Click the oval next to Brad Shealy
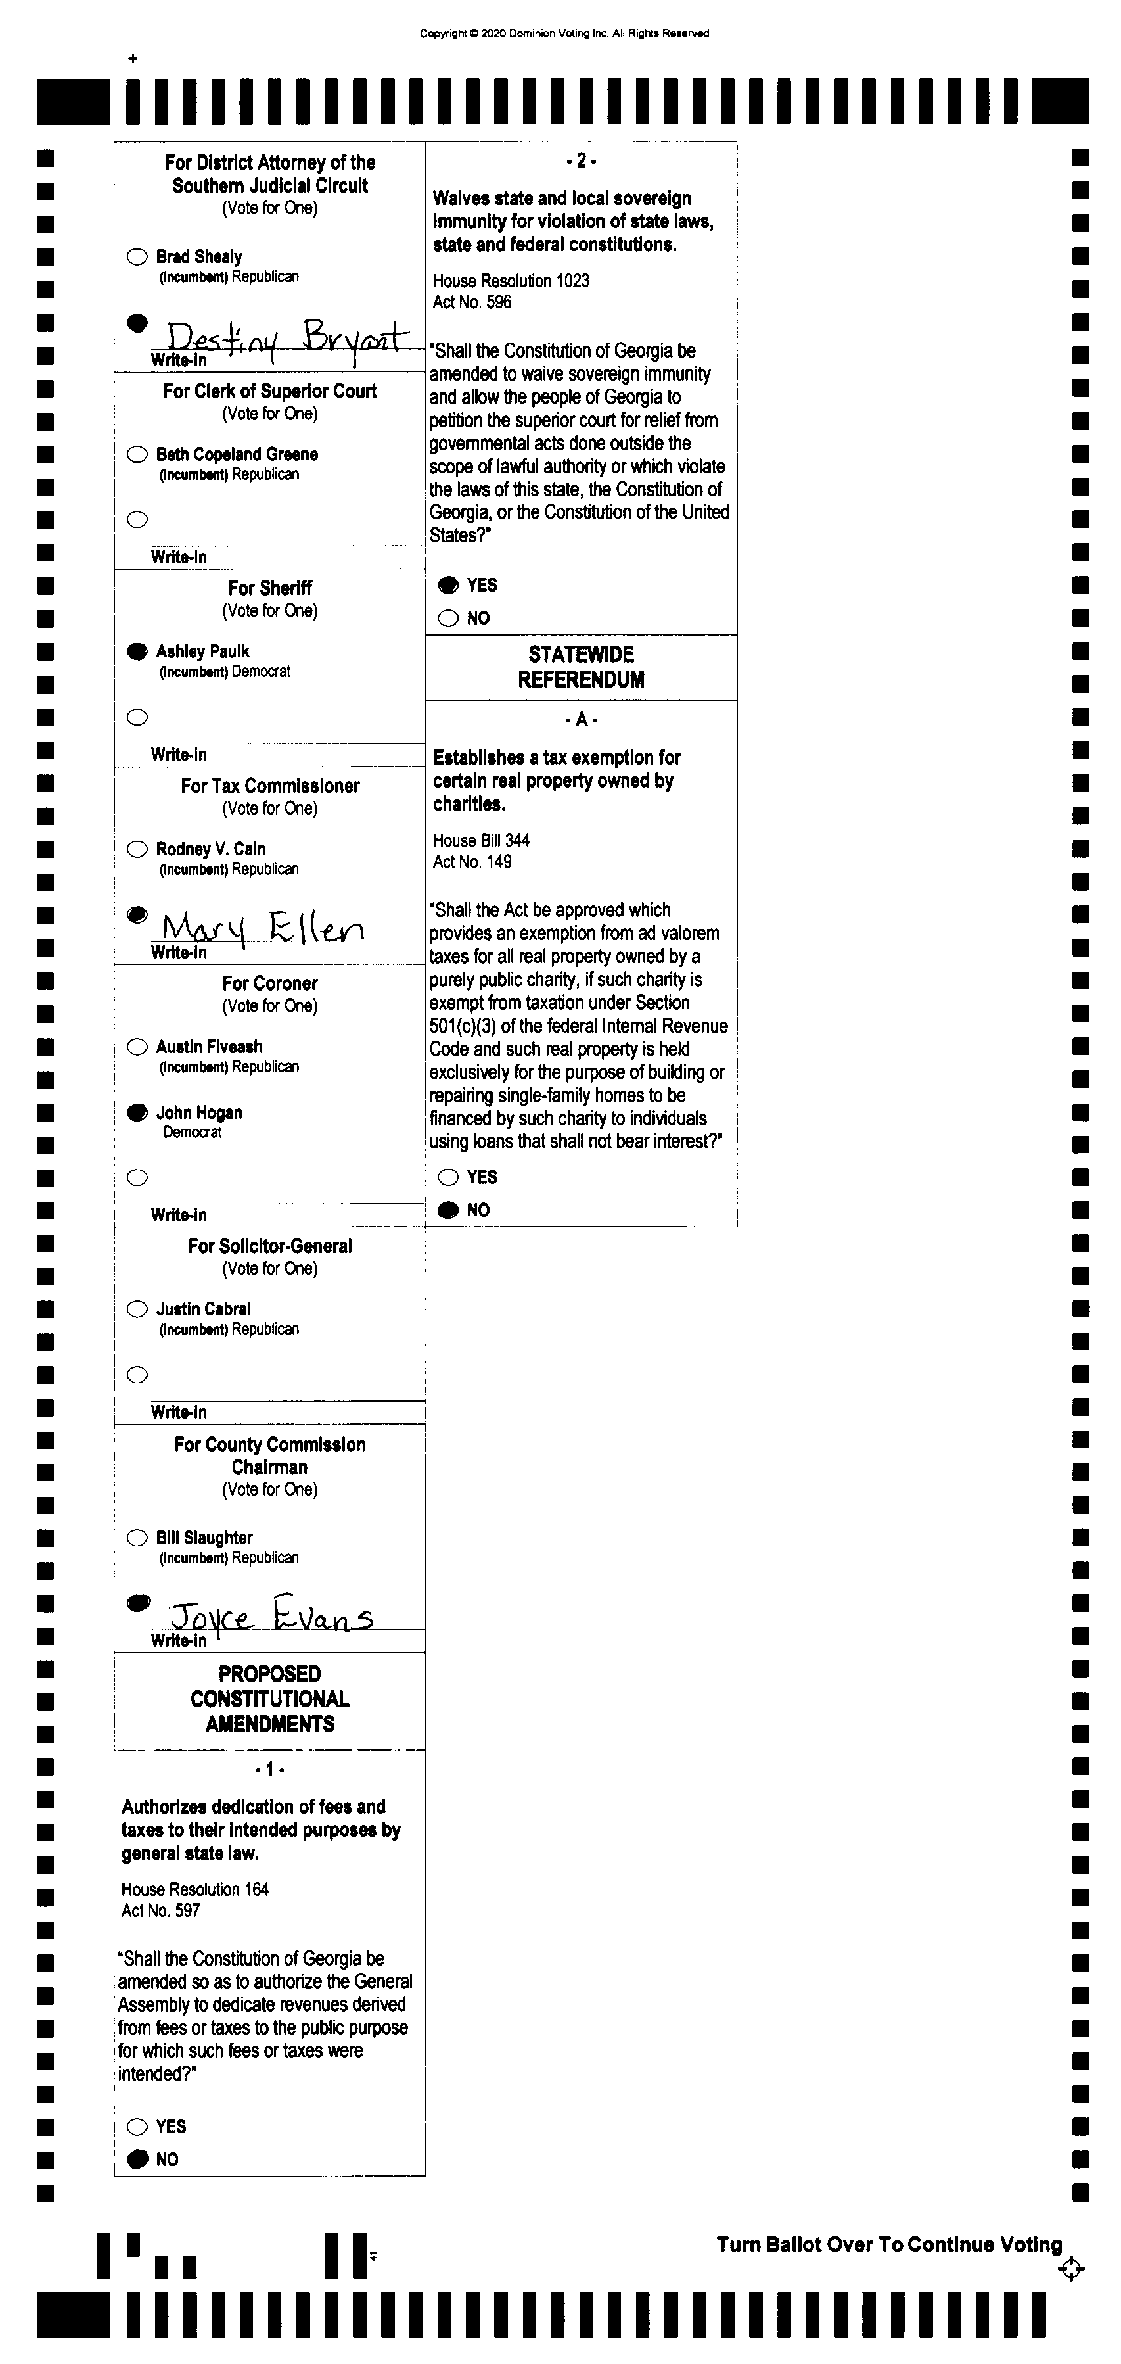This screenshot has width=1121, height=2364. point(137,257)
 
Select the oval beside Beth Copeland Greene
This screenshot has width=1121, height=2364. point(137,454)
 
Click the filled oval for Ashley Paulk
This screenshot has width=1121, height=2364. point(137,651)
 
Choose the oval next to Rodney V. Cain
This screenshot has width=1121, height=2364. point(137,849)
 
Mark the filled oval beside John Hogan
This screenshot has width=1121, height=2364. point(137,1113)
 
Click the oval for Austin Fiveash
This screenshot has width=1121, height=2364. point(137,1047)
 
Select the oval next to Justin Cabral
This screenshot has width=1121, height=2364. point(137,1310)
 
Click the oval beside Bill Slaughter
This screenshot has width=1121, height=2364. point(137,1538)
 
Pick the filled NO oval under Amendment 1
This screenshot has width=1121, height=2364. point(137,2160)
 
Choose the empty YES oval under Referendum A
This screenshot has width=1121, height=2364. point(447,1177)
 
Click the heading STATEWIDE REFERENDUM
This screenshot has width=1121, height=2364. point(581,667)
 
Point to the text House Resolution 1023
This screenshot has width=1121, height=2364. point(511,281)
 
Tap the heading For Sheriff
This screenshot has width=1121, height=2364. point(269,588)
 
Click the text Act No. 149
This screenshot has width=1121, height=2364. point(472,862)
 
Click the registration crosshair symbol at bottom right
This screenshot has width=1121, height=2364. point(1070,2269)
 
